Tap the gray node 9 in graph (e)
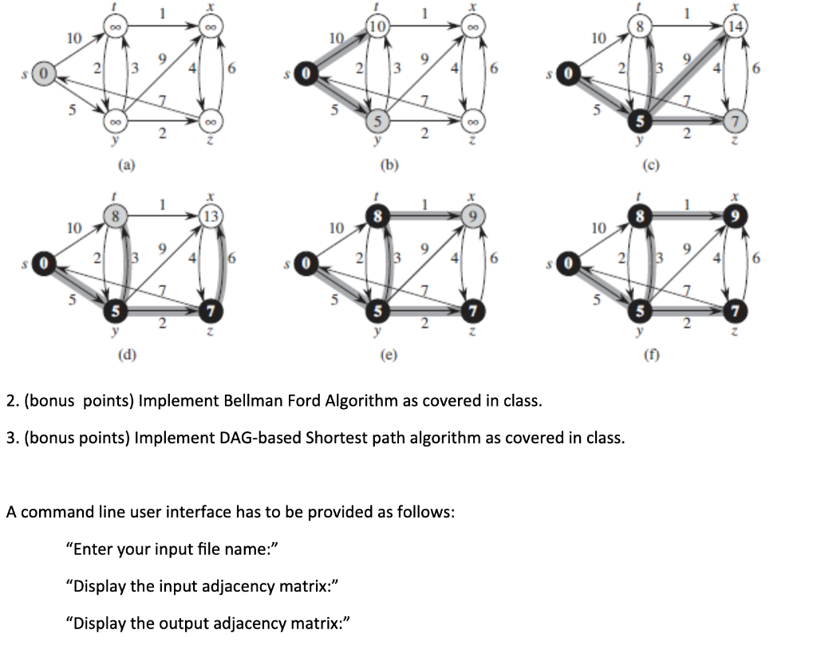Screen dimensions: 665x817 tap(472, 217)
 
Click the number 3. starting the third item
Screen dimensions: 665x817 tap(11, 438)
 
